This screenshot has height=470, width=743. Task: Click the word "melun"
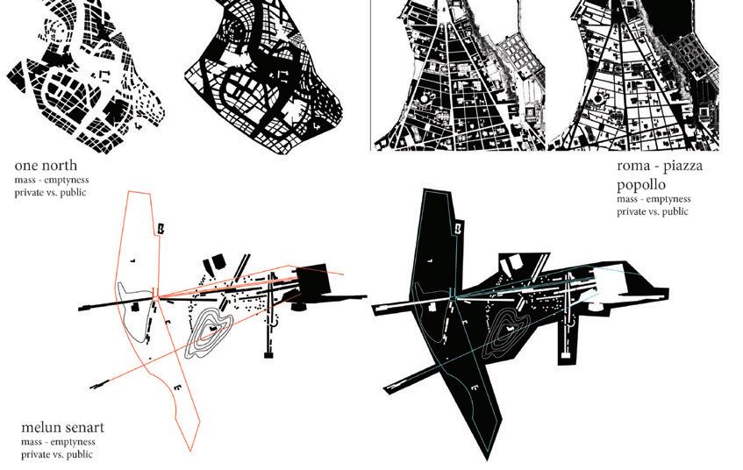click(x=44, y=428)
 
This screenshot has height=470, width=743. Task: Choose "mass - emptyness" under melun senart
click(x=58, y=442)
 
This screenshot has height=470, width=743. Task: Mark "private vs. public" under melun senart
click(x=58, y=454)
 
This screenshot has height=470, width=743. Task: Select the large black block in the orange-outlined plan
click(x=317, y=281)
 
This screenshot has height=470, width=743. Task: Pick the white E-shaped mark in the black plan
click(x=474, y=384)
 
